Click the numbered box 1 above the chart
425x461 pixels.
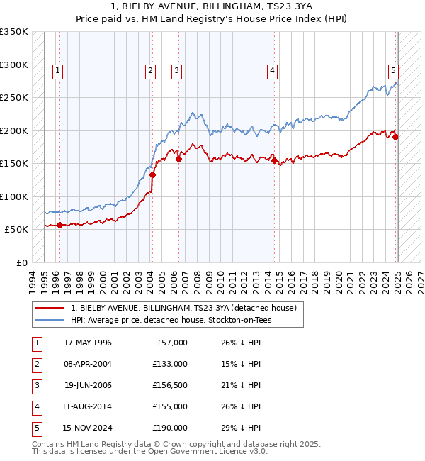pyautogui.click(x=57, y=70)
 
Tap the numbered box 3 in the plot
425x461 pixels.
pyautogui.click(x=176, y=70)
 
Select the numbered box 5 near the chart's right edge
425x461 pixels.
pyautogui.click(x=393, y=70)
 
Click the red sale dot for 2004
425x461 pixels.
pyautogui.click(x=152, y=174)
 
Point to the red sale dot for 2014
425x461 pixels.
pyautogui.click(x=274, y=160)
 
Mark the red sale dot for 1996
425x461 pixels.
pyautogui.click(x=59, y=225)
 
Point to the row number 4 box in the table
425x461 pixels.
pyautogui.click(x=35, y=406)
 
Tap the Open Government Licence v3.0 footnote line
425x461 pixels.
pyautogui.click(x=150, y=450)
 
